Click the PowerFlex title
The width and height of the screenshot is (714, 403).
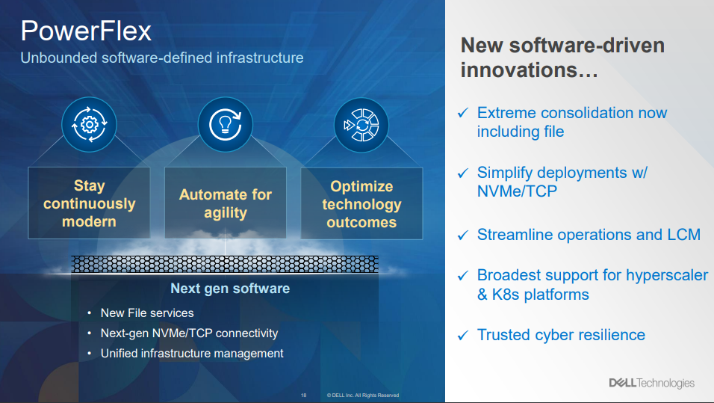[x=86, y=31]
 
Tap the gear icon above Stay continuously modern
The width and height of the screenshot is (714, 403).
[x=90, y=124]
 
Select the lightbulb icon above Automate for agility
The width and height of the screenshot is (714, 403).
[x=225, y=124]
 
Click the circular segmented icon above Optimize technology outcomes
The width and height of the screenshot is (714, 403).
[x=361, y=125]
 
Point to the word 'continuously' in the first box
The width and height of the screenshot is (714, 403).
[x=90, y=203]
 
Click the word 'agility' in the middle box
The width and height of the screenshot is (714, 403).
[x=226, y=213]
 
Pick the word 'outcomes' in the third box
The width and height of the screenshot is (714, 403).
[x=361, y=222]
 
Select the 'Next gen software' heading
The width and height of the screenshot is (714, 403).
[x=230, y=289]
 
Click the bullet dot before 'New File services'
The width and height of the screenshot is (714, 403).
[x=90, y=313]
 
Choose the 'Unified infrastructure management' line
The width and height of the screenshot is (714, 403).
[x=192, y=354]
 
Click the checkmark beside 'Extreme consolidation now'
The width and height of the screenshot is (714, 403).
[x=462, y=113]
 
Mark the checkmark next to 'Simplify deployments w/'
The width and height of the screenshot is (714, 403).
[x=462, y=173]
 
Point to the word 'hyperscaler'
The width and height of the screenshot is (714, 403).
[x=667, y=275]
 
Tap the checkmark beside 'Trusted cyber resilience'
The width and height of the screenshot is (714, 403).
[x=462, y=335]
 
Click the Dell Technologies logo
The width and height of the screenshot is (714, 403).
[x=651, y=383]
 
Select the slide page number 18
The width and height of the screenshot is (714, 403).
[x=304, y=396]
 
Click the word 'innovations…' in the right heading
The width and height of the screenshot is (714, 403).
[x=529, y=70]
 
